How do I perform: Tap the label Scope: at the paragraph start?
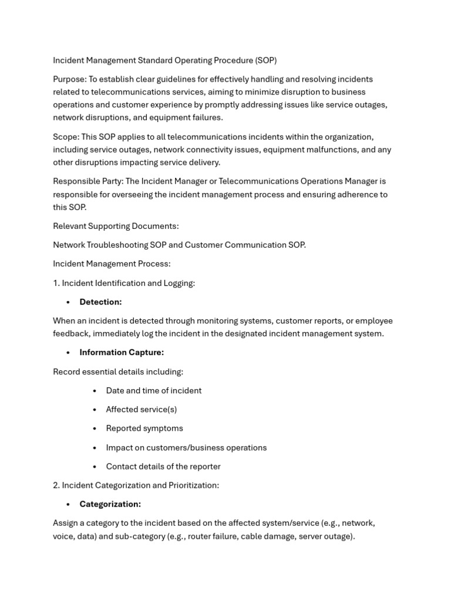66,137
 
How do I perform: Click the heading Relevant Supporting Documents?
116,226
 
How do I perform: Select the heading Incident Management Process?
112,264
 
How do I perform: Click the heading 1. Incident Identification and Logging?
124,283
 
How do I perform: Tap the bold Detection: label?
100,302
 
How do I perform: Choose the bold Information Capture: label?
122,352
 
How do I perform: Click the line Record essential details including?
118,372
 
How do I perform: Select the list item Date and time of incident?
153,391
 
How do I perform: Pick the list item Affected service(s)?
141,410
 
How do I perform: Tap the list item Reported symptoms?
144,428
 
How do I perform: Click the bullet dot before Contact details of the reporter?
95,467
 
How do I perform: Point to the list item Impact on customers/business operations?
186,448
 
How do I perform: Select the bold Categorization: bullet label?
110,504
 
